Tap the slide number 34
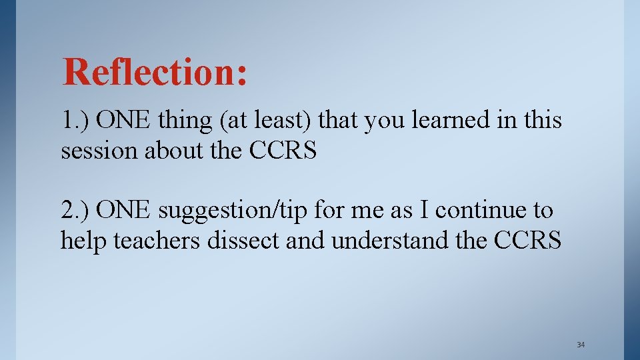(x=580, y=345)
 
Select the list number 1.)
(x=75, y=121)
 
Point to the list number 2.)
(x=75, y=210)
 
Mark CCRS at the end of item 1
(x=283, y=151)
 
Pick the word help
(x=85, y=241)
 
